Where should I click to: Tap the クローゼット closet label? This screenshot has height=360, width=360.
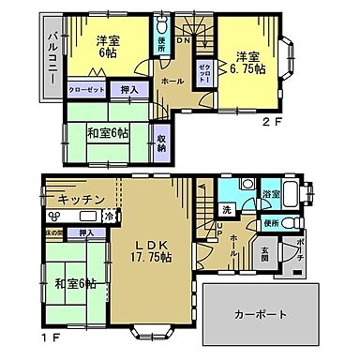coord(86,91)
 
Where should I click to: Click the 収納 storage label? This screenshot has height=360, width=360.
coord(161,142)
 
